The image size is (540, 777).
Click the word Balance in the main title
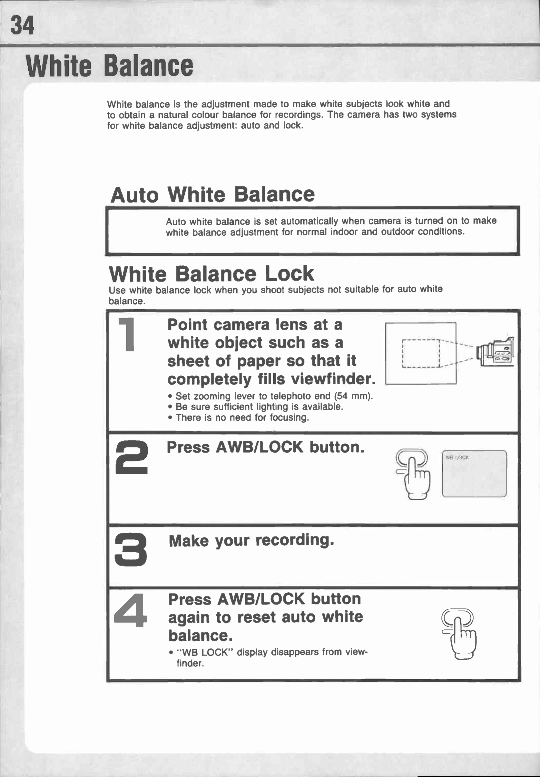coord(148,66)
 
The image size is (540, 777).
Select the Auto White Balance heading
coord(213,194)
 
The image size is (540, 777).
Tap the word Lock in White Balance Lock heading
coord(289,274)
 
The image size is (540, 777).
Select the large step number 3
coord(131,550)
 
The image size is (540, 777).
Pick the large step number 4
coord(131,609)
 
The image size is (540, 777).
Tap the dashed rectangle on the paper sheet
coord(421,353)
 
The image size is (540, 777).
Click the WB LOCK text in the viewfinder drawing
coord(457,457)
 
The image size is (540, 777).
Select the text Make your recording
coord(251,541)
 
